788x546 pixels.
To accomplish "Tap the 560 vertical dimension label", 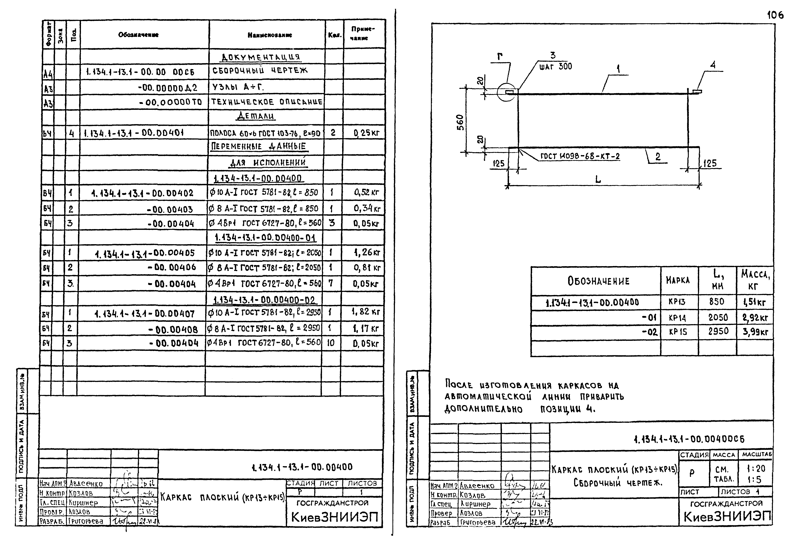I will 460,122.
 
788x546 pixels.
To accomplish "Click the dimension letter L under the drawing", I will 598,179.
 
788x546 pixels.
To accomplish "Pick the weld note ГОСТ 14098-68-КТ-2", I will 580,157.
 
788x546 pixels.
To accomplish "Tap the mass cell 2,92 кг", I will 755,318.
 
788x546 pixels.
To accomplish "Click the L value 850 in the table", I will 716,302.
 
